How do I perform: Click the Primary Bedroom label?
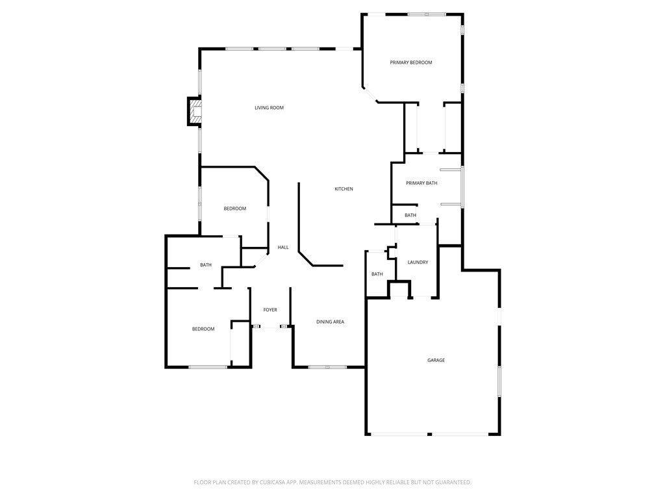pyautogui.click(x=410, y=62)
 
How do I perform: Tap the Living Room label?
pyautogui.click(x=269, y=108)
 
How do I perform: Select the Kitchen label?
pyautogui.click(x=344, y=189)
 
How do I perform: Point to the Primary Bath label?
pyautogui.click(x=421, y=183)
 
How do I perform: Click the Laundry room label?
pyautogui.click(x=418, y=262)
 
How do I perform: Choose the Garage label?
pyautogui.click(x=436, y=360)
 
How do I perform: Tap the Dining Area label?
pyautogui.click(x=330, y=322)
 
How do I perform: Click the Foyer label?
pyautogui.click(x=270, y=310)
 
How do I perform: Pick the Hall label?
pyautogui.click(x=283, y=248)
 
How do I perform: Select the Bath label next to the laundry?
pyautogui.click(x=377, y=274)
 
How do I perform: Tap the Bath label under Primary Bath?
pyautogui.click(x=410, y=215)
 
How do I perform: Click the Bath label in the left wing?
pyautogui.click(x=206, y=265)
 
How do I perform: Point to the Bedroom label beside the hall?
pyautogui.click(x=235, y=209)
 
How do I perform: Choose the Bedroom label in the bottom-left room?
pyautogui.click(x=203, y=329)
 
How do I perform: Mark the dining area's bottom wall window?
pyautogui.click(x=327, y=367)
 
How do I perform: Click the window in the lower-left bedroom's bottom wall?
pyautogui.click(x=208, y=367)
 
